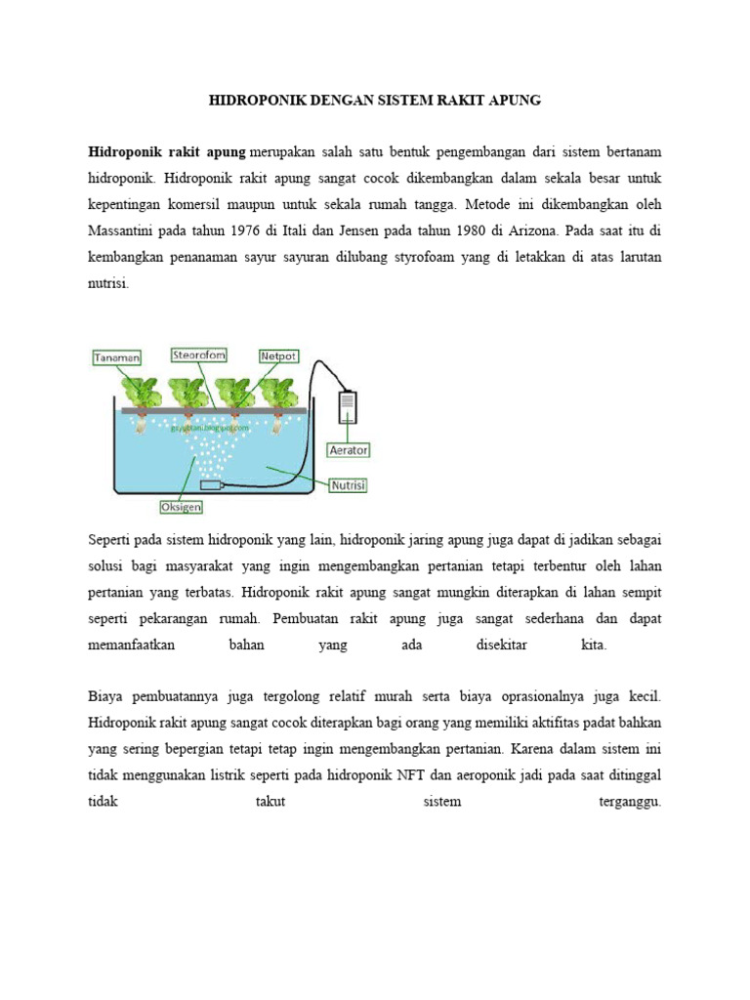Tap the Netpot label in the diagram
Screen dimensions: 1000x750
277,357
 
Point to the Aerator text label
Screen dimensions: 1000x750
348,450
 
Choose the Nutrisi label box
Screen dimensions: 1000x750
348,484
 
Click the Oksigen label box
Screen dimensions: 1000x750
181,507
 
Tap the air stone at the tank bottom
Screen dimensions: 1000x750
209,485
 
